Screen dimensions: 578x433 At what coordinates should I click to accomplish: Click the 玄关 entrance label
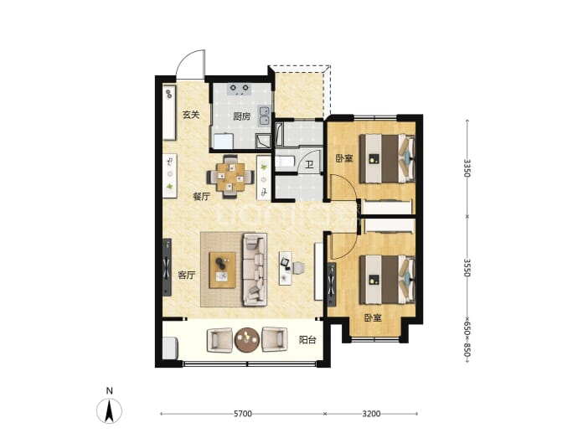(x=191, y=115)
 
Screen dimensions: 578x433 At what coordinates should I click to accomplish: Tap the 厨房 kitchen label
(x=242, y=116)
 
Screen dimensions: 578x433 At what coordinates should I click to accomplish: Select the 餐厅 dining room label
(x=202, y=197)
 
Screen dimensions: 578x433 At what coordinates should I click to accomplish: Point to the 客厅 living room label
(x=187, y=276)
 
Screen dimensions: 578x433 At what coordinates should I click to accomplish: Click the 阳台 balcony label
(x=307, y=339)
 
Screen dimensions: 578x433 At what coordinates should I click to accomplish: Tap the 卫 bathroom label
(x=310, y=164)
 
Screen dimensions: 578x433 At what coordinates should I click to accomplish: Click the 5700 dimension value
(x=243, y=414)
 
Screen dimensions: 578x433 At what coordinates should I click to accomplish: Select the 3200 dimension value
(x=371, y=414)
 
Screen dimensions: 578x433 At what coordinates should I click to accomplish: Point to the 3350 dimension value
(x=467, y=168)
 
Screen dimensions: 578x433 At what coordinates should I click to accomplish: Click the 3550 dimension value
(x=467, y=267)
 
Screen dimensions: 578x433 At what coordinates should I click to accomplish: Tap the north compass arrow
(x=109, y=410)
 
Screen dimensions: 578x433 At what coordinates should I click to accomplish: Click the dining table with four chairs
(x=230, y=177)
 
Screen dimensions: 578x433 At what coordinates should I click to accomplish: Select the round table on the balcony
(x=247, y=340)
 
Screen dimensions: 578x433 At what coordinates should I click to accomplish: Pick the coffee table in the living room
(x=222, y=271)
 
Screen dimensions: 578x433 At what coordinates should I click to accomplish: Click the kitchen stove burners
(x=240, y=89)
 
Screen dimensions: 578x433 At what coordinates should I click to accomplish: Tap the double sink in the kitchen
(x=264, y=116)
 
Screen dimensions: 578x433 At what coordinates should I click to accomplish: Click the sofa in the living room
(x=255, y=270)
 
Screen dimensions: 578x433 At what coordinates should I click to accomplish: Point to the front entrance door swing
(x=190, y=64)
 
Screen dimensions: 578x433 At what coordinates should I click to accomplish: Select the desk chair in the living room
(x=298, y=268)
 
